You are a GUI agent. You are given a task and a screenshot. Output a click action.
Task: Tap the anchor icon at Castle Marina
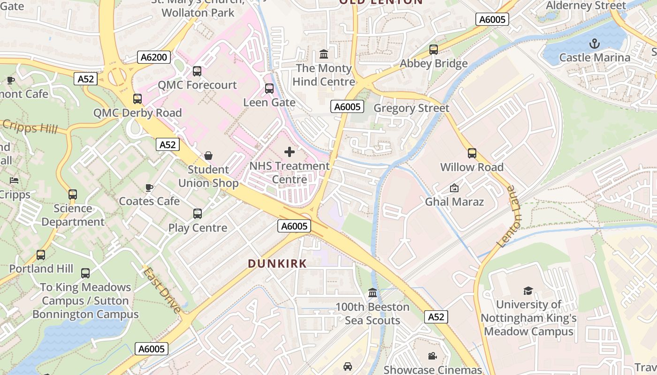coord(595,44)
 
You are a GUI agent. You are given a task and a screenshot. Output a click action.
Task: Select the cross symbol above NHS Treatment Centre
coord(290,152)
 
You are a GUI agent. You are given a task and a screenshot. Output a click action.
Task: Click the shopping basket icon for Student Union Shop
coord(208,156)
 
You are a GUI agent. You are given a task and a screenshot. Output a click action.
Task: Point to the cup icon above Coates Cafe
coord(149,187)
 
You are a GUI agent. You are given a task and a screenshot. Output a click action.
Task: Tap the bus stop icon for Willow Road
coord(472,153)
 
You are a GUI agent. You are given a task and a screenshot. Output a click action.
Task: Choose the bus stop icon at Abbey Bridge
coord(434,49)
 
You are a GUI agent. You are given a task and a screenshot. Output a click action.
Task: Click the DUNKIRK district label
coord(277,264)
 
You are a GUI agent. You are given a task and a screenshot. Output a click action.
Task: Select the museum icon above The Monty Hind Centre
coord(324,54)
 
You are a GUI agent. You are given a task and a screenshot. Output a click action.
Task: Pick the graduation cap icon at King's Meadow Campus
coord(528,291)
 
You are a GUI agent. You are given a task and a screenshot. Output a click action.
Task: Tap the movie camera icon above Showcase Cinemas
coord(433,356)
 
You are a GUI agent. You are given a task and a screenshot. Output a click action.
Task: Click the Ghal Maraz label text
coord(454,202)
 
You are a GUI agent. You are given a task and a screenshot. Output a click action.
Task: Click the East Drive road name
coord(162,290)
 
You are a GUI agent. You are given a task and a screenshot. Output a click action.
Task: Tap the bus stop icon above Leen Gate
coord(269,89)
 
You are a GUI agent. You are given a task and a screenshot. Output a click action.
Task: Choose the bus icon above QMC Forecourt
coord(197,71)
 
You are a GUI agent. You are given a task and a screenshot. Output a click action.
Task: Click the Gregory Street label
coord(411,108)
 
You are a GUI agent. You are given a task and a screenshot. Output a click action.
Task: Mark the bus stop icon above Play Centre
coord(198,214)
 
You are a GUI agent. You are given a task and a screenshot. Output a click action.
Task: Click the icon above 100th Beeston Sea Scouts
coord(373,293)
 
